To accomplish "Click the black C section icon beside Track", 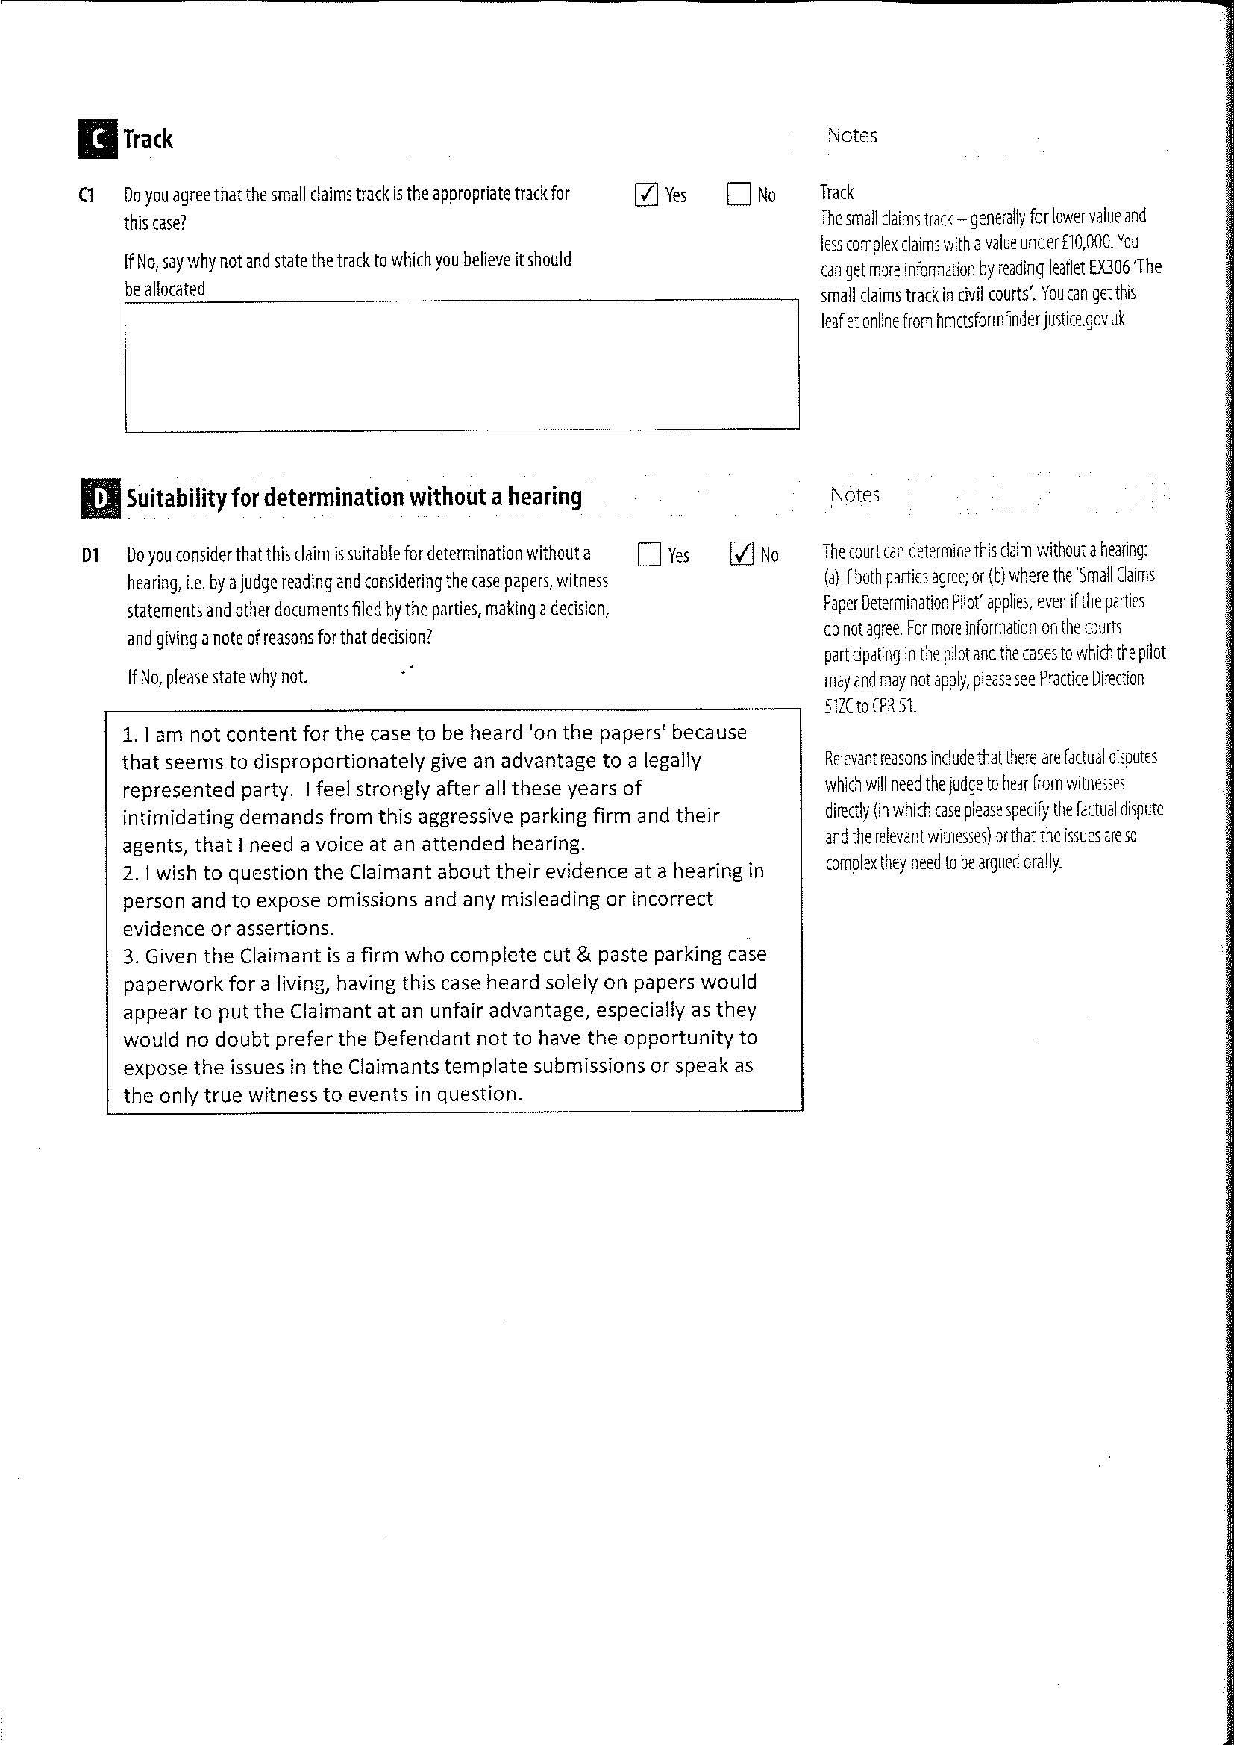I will pyautogui.click(x=97, y=139).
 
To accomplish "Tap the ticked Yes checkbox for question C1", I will pyautogui.click(x=646, y=195).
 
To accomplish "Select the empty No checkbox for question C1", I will pyautogui.click(x=739, y=195).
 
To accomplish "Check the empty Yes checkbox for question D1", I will pyautogui.click(x=650, y=554).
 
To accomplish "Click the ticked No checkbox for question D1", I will pyautogui.click(x=742, y=554).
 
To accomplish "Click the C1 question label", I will pyautogui.click(x=87, y=195).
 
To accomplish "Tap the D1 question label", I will pyautogui.click(x=90, y=556).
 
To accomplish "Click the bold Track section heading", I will pyautogui.click(x=148, y=139).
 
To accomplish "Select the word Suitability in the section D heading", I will pyautogui.click(x=175, y=498).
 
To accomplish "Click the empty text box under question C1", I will pyautogui.click(x=462, y=366).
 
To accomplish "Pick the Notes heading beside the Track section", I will pyautogui.click(x=852, y=136).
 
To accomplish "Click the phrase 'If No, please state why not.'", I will pyautogui.click(x=217, y=677).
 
